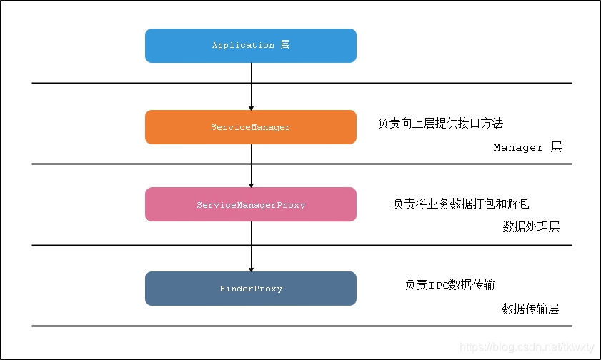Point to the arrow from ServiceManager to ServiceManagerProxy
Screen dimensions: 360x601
point(251,164)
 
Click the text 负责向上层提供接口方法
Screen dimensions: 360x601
point(440,124)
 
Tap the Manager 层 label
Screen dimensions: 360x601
point(527,148)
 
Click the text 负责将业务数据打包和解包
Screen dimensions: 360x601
point(461,204)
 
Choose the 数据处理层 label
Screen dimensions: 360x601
point(530,227)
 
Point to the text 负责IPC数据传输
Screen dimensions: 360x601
point(449,285)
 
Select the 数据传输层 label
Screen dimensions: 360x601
point(530,309)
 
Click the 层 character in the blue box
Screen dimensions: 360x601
point(284,45)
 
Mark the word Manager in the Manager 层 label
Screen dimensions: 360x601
point(518,148)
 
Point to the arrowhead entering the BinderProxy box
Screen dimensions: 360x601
point(251,268)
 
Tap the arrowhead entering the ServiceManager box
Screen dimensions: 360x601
point(251,106)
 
